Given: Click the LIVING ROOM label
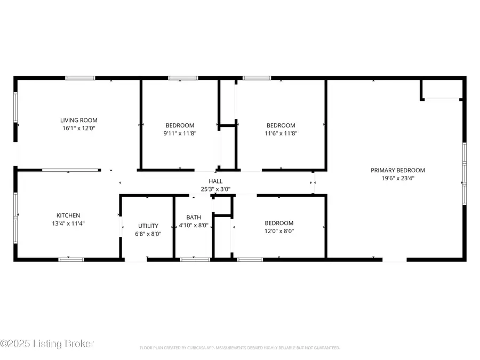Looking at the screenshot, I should (x=79, y=120).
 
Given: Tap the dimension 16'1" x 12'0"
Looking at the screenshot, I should (x=79, y=128).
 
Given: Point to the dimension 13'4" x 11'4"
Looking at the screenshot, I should (x=66, y=223).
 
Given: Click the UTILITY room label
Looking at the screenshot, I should (x=148, y=226).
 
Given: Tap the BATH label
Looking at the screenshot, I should (x=193, y=217).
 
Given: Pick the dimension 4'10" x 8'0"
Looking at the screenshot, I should (x=193, y=225).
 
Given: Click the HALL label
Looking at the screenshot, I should (x=215, y=181).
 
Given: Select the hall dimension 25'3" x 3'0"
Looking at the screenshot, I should (x=215, y=189).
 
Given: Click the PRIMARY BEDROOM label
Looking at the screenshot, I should (x=398, y=170).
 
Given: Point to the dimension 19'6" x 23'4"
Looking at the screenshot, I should (x=398, y=178).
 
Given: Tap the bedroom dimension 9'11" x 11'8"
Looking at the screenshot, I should (x=180, y=133).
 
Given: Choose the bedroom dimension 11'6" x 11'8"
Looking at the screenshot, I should (x=281, y=133).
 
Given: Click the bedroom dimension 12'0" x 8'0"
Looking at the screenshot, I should (x=279, y=231).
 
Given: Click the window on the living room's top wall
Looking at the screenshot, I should (x=81, y=78).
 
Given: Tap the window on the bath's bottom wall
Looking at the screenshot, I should (x=195, y=259).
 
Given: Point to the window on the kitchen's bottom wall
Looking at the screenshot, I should (x=71, y=259).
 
